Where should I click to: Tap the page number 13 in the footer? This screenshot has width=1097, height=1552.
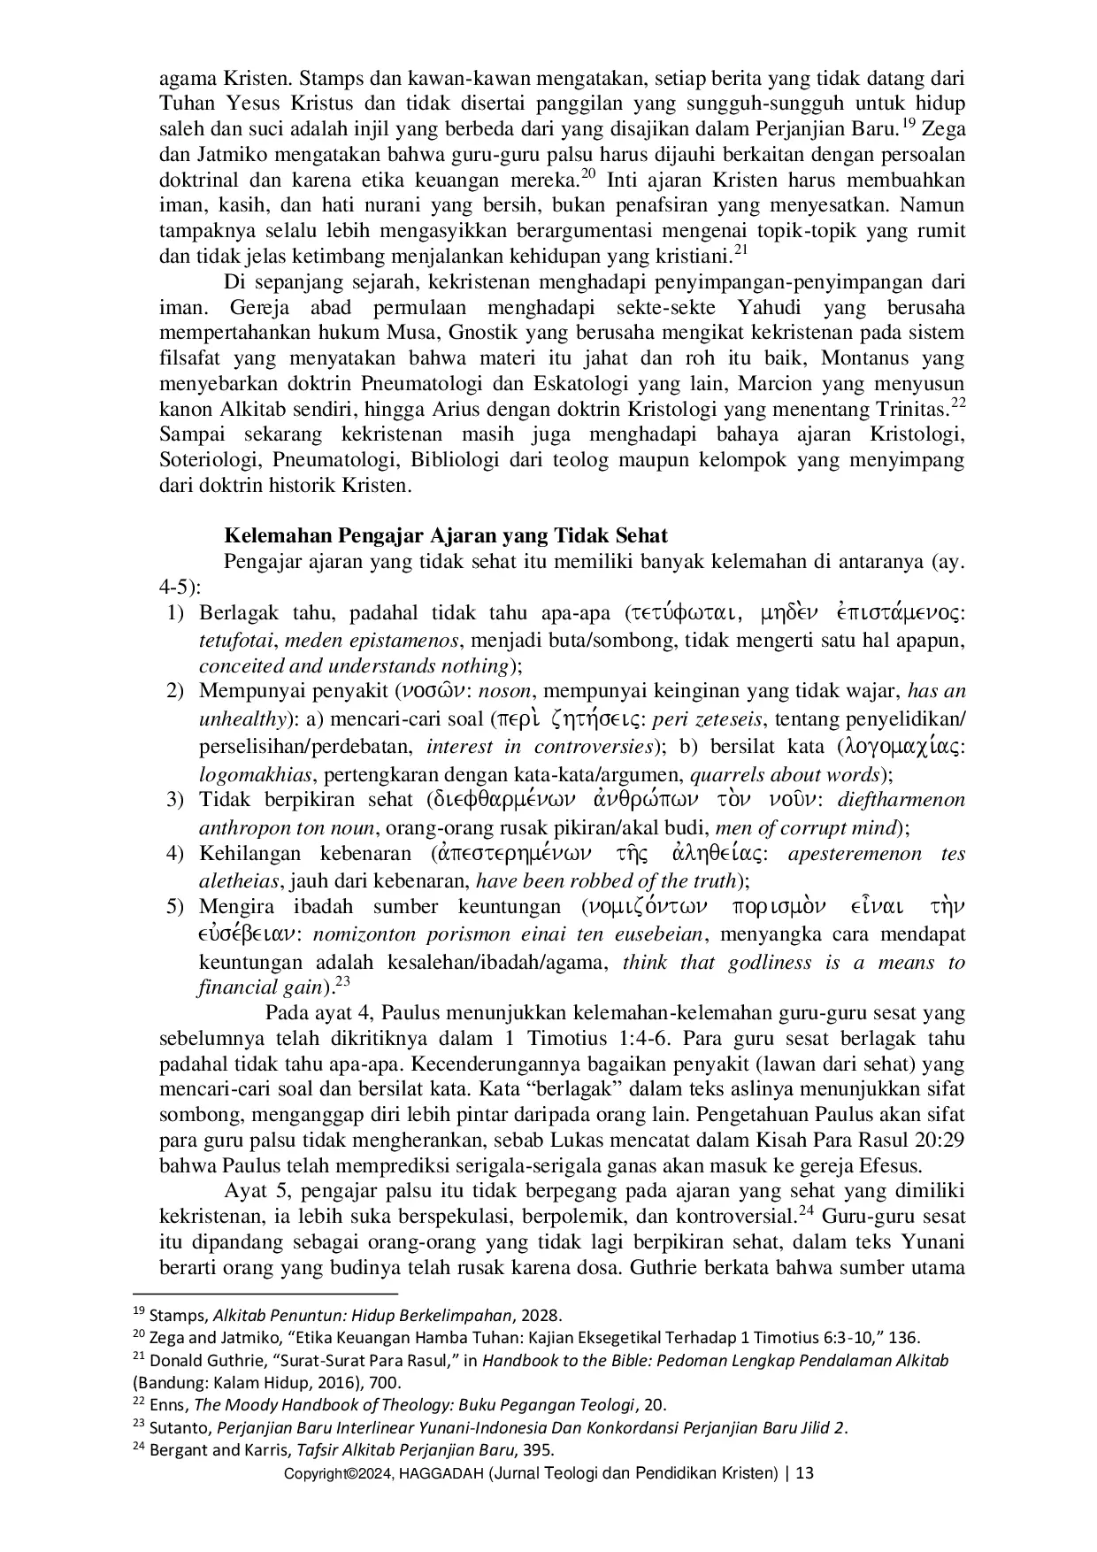point(804,1473)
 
